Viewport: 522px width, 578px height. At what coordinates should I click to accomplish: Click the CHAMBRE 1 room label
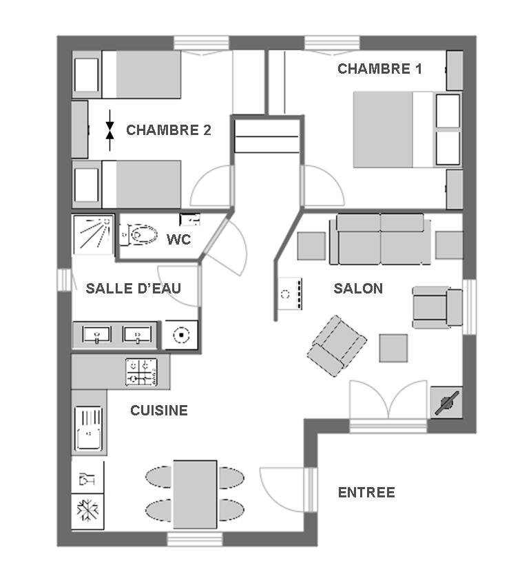tap(379, 69)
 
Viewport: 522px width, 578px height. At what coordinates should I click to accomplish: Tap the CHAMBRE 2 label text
tap(168, 130)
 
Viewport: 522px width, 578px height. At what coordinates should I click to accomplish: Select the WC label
tap(178, 240)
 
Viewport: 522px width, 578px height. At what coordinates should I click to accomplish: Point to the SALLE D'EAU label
tap(134, 288)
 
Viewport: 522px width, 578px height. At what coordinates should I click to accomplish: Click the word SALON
tap(358, 288)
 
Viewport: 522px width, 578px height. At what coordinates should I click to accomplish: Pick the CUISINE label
tap(159, 411)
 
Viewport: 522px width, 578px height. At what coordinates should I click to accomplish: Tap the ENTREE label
tap(366, 493)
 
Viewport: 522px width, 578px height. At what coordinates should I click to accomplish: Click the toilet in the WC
tap(138, 234)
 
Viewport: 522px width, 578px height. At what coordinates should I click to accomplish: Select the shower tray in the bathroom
tap(94, 234)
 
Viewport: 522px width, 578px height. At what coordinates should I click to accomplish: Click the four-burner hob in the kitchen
tap(141, 372)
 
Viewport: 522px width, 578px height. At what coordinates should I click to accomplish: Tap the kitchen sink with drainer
tap(88, 429)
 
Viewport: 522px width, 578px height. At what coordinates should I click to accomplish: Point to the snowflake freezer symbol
tap(87, 510)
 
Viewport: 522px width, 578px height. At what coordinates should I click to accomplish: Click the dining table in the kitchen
tap(195, 495)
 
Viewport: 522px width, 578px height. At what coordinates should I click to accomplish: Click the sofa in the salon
tap(380, 239)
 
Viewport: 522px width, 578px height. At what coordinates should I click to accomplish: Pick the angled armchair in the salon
tap(336, 346)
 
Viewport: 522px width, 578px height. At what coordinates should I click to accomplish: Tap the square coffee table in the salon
tap(393, 348)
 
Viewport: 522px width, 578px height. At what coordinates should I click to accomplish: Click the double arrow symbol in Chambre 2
tap(109, 130)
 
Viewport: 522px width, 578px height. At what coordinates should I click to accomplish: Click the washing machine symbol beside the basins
tap(180, 335)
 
